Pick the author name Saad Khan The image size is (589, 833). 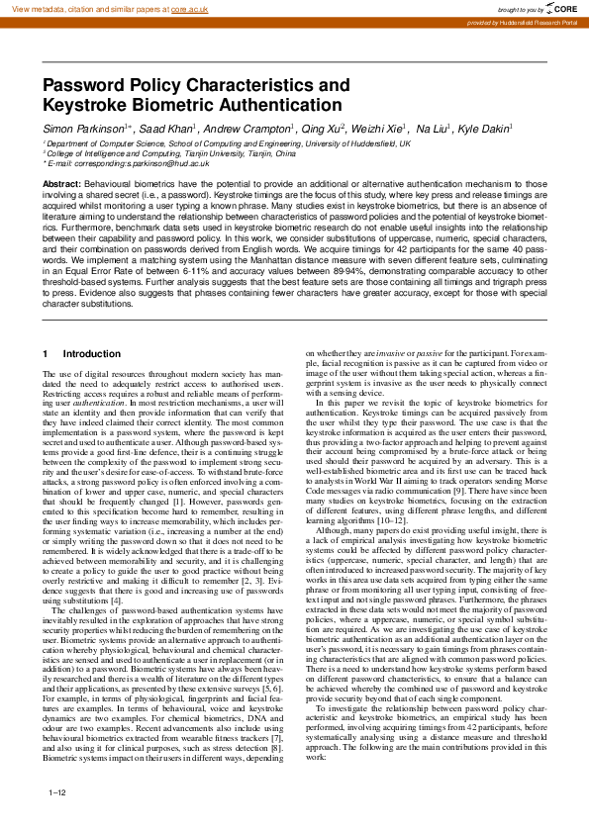click(167, 130)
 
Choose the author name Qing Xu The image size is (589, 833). click(319, 130)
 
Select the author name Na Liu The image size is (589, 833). click(433, 130)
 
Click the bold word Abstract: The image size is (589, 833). click(62, 185)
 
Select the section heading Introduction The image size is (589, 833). click(92, 354)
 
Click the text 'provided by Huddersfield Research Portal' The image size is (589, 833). click(524, 21)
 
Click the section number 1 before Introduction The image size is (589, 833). click(46, 354)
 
